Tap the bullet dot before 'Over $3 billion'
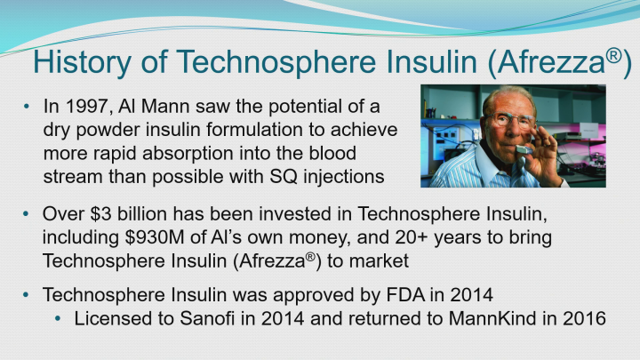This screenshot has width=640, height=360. tap(28, 216)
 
